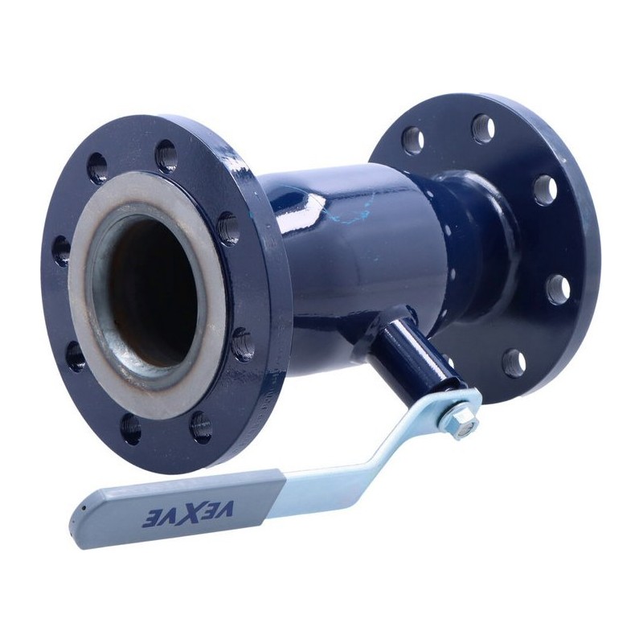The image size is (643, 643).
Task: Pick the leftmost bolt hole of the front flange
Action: pyautogui.click(x=62, y=250)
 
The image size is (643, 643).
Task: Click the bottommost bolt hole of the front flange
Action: pyautogui.click(x=131, y=429)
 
